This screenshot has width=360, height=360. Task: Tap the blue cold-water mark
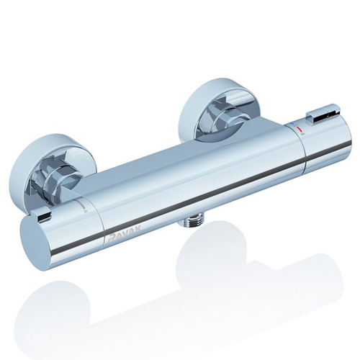[292, 124]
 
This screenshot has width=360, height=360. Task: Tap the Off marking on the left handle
[85, 211]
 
